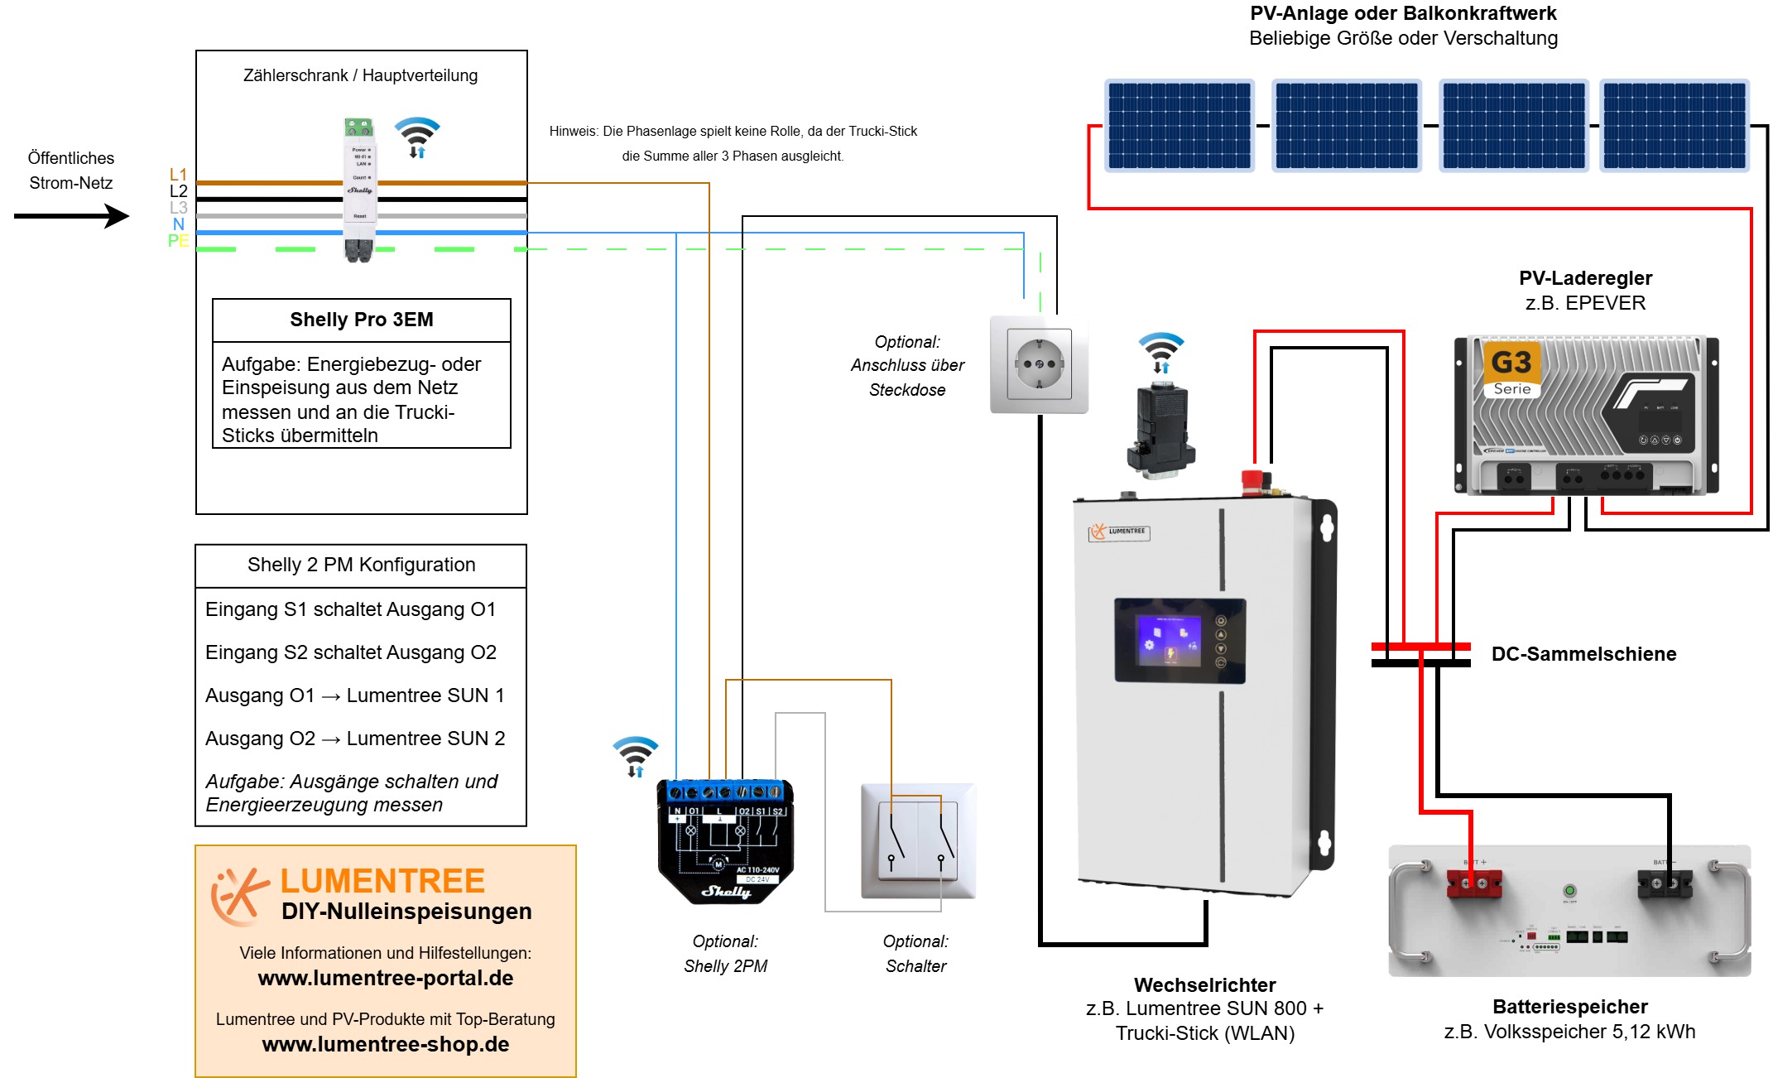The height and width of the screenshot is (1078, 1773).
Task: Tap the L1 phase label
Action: pos(178,175)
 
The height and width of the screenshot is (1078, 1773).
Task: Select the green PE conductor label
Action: pos(178,241)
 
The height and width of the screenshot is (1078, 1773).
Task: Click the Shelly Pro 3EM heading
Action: pos(361,320)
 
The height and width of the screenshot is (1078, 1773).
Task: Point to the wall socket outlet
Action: pos(1039,363)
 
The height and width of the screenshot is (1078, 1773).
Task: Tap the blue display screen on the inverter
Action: pos(1170,640)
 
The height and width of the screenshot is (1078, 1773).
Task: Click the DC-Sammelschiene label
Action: pos(1583,654)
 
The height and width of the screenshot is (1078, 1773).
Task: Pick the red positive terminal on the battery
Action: pos(1473,883)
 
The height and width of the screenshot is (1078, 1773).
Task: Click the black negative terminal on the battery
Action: pos(1665,883)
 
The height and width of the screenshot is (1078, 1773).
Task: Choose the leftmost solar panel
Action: pos(1180,126)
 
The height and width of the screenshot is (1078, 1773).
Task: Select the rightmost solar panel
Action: pos(1674,126)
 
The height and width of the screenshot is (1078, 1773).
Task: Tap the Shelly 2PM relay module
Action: pos(725,840)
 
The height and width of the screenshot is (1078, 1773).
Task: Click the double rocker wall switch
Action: pos(917,840)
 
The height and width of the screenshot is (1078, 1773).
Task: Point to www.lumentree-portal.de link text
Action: pos(386,978)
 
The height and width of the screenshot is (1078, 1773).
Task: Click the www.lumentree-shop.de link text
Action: pos(386,1044)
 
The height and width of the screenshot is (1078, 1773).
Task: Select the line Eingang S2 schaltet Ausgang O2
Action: pos(351,652)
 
